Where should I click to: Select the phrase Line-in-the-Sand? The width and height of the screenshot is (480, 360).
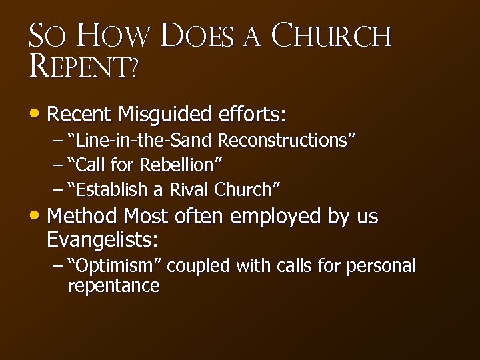click(x=146, y=141)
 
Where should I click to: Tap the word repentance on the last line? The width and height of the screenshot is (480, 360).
click(x=114, y=286)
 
